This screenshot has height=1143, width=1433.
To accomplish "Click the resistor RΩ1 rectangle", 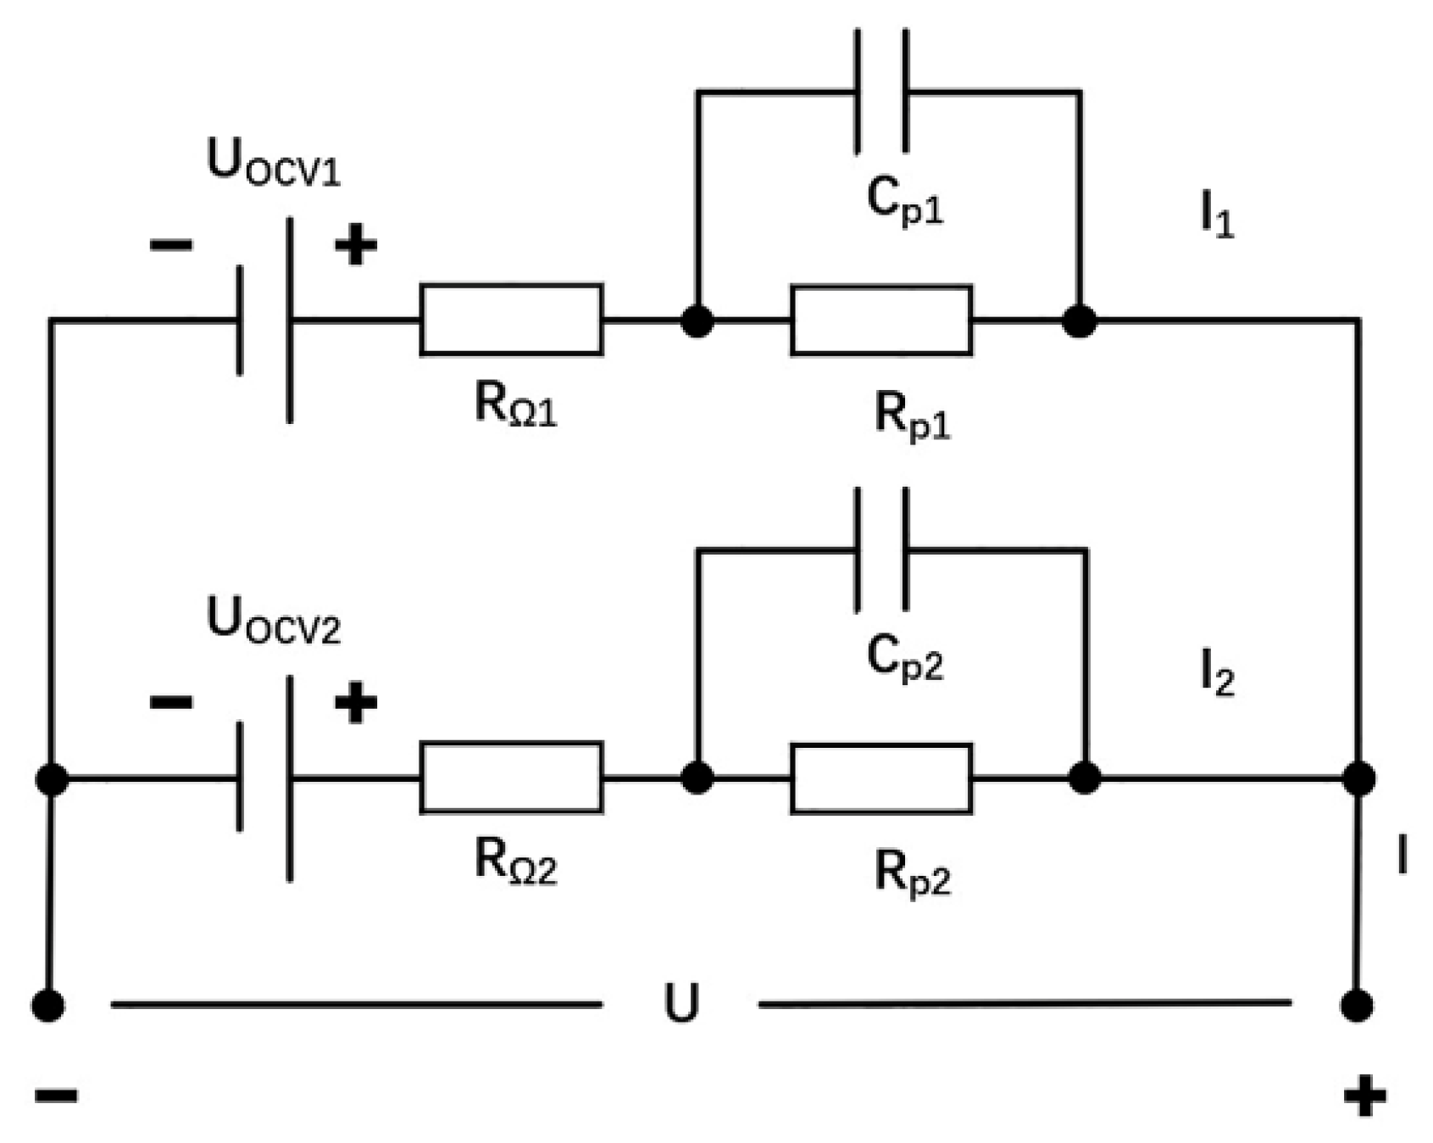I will coord(511,320).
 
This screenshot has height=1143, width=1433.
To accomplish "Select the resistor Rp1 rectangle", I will coord(881,321).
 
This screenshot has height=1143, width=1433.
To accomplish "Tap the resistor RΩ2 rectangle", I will coord(511,778).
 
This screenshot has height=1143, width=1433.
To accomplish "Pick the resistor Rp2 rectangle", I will coord(881,778).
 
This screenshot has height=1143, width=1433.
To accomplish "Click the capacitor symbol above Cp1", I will coord(882,91).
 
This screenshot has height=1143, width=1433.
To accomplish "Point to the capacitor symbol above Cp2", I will coord(882,549).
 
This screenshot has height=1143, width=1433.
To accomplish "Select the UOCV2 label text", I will coord(273,620).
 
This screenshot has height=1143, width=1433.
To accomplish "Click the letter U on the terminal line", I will coord(681,1005).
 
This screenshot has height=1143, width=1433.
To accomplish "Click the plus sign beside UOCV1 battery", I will coord(356,246).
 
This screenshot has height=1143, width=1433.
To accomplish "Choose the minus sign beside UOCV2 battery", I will coord(171,702).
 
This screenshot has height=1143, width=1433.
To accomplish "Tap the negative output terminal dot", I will coord(48,1006).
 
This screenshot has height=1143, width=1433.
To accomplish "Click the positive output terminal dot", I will coord(1357,1006).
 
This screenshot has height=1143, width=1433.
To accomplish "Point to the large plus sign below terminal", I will coord(1364,1095).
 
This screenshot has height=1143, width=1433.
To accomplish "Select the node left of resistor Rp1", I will coord(697,321).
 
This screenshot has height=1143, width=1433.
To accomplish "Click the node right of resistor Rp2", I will coord(1085,778).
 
